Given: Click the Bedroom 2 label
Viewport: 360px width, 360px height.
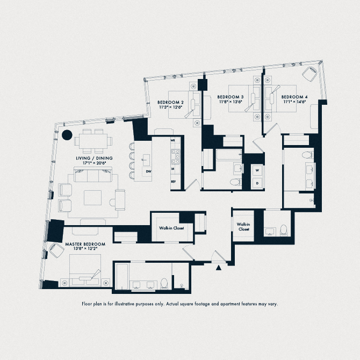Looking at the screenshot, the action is (170, 102).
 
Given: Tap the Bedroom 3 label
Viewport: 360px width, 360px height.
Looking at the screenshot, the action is (231, 97).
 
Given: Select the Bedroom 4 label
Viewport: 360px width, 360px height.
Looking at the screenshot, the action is (294, 97).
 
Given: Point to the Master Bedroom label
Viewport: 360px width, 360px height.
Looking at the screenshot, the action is (85, 244).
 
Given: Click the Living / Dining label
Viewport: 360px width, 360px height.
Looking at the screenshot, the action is (94, 158).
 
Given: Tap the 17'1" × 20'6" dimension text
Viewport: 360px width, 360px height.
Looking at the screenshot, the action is (95, 163).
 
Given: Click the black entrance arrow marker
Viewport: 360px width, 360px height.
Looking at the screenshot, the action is (219, 268).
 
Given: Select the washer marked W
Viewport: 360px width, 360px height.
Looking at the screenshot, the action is (257, 170).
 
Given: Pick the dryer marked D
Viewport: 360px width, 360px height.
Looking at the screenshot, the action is (257, 183).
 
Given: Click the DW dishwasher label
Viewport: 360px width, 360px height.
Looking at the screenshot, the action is (148, 171).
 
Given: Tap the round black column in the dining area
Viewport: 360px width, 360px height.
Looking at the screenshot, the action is (67, 135).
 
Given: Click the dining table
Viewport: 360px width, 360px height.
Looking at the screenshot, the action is (93, 141).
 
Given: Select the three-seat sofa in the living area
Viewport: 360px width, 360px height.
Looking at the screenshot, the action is (93, 175).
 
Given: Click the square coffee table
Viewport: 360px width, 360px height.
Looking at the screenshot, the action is (93, 198).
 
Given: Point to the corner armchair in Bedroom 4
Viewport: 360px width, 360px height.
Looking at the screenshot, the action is (309, 74).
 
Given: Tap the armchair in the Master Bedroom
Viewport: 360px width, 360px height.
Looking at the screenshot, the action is (56, 250).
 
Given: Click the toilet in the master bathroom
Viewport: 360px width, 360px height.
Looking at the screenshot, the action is (164, 284).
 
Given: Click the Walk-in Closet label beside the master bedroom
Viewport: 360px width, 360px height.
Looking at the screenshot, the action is (171, 228).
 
